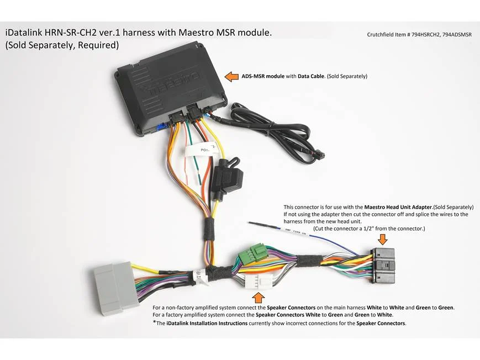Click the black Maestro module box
(170, 89)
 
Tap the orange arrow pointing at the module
(232, 77)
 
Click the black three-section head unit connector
(383, 266)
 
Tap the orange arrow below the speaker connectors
(258, 298)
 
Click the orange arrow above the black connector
(383, 239)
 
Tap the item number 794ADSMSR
(457, 35)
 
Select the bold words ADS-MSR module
(263, 76)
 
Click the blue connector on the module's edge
(160, 127)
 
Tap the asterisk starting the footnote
(154, 322)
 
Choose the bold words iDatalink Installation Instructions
(207, 323)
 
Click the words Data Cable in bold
(311, 76)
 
